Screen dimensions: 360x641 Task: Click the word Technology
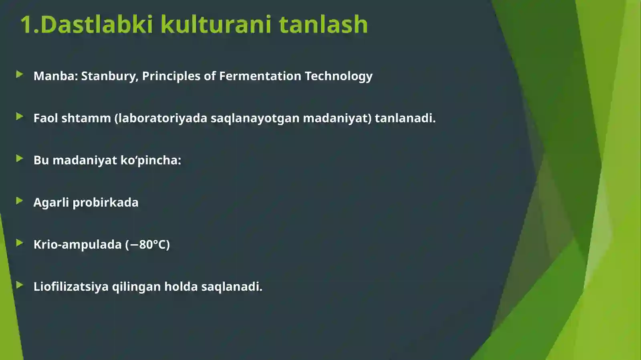(339, 76)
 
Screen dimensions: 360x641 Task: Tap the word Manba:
(56, 76)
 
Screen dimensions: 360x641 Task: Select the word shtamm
(86, 118)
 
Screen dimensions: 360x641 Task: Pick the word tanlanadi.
(405, 118)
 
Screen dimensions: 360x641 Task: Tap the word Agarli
(51, 202)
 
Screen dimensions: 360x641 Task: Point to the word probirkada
(105, 202)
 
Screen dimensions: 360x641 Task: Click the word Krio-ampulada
(77, 244)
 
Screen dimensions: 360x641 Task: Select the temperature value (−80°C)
(147, 244)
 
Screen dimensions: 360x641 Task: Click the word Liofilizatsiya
(71, 287)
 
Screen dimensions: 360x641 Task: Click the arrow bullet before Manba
(19, 74)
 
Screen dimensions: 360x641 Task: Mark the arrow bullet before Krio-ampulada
(19, 243)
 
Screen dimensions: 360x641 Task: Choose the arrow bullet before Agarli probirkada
(19, 201)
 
